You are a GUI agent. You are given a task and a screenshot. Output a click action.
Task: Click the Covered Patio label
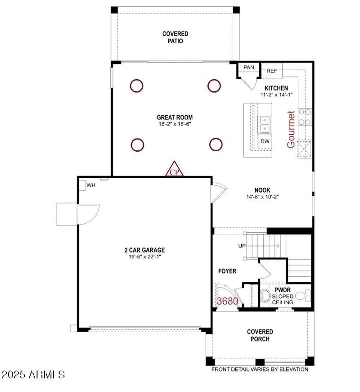point(175,37)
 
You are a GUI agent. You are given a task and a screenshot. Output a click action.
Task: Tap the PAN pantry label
point(248,68)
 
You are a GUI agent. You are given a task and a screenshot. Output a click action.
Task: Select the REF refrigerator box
point(272,71)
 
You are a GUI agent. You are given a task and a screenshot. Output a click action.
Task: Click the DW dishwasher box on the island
point(265,141)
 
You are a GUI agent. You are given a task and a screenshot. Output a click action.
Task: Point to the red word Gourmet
point(291,129)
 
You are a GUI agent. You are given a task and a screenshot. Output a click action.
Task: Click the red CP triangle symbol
point(175,170)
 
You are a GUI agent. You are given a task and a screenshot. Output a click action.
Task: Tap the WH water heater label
point(91,185)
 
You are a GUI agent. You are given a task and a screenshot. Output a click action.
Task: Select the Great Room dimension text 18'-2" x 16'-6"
point(175,124)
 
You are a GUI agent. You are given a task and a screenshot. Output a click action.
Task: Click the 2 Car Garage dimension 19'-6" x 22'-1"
point(144,257)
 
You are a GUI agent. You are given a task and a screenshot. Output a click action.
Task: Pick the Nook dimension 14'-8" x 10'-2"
point(262,197)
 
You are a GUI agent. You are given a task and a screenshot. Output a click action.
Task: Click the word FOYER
point(227,271)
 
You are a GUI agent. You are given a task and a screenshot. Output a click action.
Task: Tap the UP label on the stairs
point(242,246)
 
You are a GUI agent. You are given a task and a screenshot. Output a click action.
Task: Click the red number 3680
point(227,302)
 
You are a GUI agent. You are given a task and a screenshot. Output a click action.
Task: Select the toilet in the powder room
point(265,297)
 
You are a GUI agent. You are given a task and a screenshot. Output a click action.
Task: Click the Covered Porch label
point(260,335)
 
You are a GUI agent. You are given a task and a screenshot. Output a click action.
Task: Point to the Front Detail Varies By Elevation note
point(260,369)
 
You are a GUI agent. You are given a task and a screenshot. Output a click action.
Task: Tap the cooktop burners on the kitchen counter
point(305,117)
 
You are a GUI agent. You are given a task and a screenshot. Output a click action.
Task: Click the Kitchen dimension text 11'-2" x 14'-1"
point(276,95)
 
